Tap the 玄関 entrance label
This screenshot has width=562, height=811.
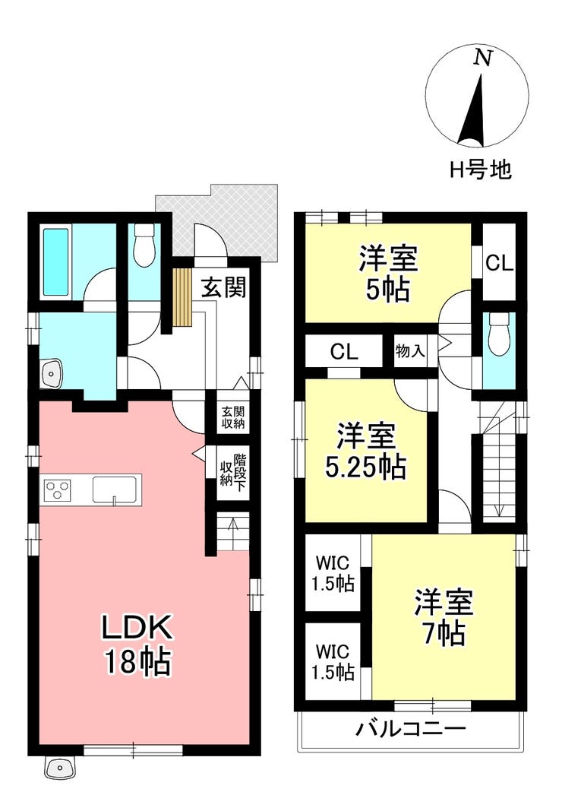223,287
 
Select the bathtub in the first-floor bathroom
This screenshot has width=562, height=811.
56,262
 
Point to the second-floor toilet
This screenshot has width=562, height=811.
500,335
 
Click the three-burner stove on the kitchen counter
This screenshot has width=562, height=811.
58,489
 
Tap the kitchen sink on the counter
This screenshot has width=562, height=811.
114,489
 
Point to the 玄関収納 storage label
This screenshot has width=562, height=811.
233,417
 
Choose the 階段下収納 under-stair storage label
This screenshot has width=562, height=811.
233,470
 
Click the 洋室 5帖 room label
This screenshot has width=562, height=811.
388,274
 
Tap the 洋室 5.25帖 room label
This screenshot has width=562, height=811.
365,451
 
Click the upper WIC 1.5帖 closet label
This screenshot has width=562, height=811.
333,573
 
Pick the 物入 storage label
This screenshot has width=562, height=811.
410,352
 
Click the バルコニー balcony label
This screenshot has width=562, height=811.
411,729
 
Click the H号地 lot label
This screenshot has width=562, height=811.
480,169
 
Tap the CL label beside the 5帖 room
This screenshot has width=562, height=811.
499,264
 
